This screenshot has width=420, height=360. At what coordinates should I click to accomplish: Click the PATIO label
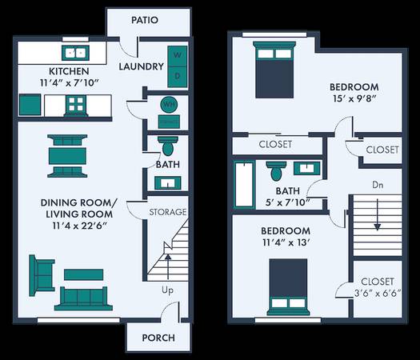145,20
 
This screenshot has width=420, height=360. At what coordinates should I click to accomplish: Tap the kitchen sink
75,53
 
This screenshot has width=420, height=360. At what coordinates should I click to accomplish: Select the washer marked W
178,56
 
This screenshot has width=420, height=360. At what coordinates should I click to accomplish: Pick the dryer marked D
178,77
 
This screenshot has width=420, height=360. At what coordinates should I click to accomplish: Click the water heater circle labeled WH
169,105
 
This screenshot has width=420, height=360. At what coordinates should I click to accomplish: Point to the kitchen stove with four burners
76,105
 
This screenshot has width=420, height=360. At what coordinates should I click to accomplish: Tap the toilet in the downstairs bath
168,146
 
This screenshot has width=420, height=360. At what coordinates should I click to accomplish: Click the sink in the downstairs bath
168,183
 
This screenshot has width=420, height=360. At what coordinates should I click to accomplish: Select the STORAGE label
168,212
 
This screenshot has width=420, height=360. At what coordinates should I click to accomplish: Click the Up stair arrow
168,267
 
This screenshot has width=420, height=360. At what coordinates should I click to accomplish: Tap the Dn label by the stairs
378,185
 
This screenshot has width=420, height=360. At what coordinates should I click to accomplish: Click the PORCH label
158,338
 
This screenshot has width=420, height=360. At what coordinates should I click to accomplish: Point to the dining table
67,156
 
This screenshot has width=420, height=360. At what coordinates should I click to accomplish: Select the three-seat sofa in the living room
83,298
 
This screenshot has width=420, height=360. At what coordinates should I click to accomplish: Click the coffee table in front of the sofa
83,274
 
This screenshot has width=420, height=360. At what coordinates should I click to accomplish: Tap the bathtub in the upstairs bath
244,184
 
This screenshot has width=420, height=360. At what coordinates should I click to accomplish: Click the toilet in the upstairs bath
277,170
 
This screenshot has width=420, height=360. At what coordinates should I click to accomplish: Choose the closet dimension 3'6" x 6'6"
378,293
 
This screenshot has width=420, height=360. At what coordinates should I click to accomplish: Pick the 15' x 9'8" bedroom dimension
354,98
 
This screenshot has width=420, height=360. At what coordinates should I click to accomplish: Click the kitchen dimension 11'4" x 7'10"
69,82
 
